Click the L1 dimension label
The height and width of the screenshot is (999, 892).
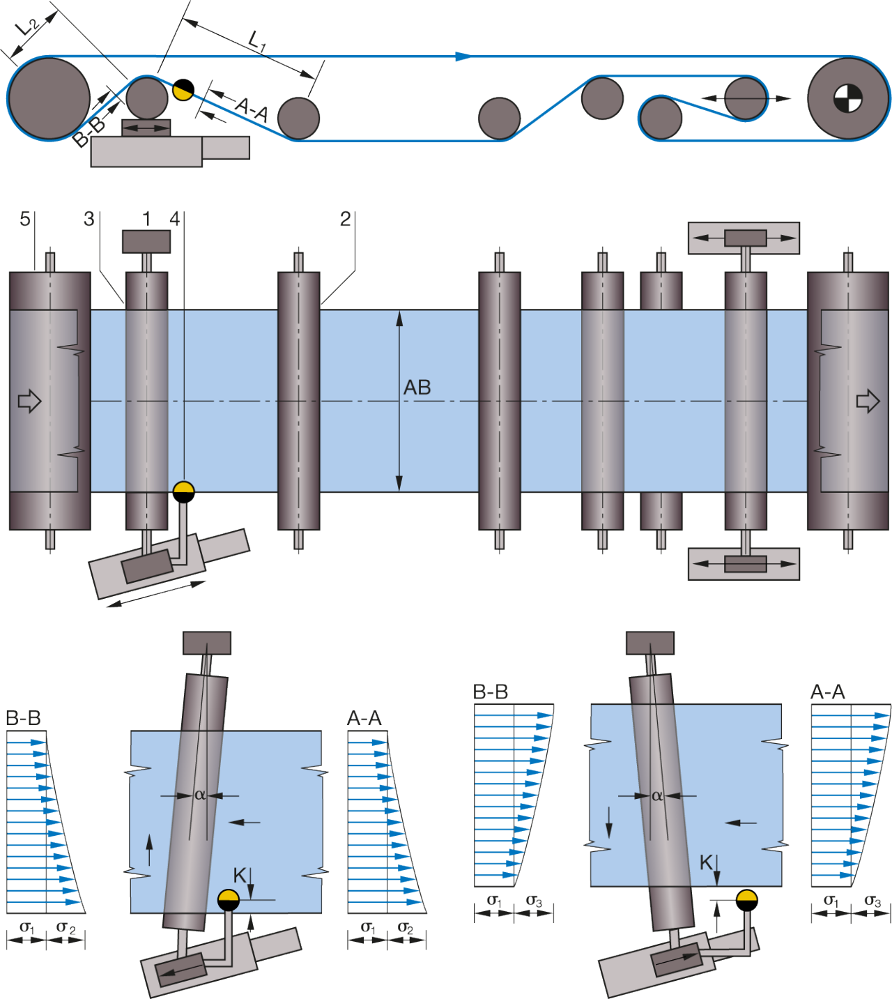coord(256,40)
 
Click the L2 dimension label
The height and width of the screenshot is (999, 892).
coord(27,27)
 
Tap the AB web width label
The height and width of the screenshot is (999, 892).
coord(417,388)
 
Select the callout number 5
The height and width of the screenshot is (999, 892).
coord(24,219)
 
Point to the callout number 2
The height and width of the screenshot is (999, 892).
coord(346,219)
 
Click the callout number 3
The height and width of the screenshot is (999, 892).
coord(89,219)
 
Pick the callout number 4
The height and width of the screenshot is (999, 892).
coord(174,219)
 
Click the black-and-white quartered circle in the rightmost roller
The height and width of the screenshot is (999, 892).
coord(847,98)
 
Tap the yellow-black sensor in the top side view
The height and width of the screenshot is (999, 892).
coord(183,90)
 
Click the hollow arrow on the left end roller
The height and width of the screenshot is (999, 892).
coord(29,401)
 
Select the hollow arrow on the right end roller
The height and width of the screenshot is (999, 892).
coord(868,401)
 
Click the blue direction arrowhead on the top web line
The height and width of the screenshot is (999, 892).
coord(463,56)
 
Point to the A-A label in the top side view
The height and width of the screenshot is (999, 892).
coord(252,109)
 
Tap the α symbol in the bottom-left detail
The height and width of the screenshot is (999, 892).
coord(199,794)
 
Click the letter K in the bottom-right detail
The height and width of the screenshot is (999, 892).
coord(706,862)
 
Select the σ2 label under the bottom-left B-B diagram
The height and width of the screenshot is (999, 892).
coord(66,927)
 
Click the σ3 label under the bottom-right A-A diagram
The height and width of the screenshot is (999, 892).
coord(872,901)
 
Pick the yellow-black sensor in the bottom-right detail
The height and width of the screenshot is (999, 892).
coord(746,900)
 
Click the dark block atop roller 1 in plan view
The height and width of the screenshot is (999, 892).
coord(146,241)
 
